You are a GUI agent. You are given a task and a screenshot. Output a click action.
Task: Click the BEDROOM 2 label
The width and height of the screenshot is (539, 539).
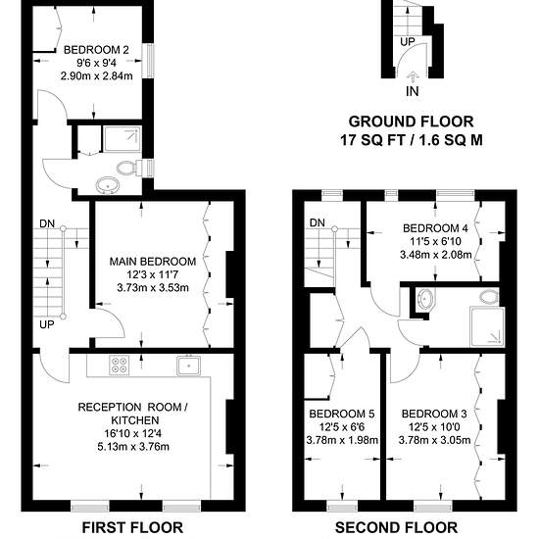[x=96, y=50]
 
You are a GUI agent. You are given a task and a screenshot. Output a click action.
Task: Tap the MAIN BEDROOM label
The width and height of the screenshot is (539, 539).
[x=153, y=262]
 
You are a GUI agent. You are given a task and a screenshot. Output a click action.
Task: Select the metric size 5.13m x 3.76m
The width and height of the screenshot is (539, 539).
[x=133, y=447]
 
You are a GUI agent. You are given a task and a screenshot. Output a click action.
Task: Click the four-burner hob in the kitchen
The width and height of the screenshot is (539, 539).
[x=120, y=365]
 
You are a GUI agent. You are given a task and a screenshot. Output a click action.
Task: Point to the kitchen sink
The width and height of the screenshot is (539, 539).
[x=189, y=366]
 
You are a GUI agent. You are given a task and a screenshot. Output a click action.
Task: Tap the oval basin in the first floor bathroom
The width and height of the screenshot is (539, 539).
[x=108, y=185]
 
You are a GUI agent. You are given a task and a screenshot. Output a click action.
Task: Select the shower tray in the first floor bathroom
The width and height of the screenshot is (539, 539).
[x=122, y=139]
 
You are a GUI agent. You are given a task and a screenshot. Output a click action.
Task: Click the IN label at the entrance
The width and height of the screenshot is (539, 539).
[x=413, y=91]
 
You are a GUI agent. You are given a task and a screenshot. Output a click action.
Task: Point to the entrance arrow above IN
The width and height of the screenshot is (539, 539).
[x=413, y=76]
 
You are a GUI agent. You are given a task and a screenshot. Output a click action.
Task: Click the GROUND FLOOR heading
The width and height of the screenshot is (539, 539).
[x=412, y=122]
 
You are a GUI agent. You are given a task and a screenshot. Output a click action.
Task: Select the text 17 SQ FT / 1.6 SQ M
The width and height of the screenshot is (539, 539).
[x=412, y=140]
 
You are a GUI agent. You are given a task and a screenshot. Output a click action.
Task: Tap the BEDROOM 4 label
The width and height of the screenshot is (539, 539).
[x=435, y=228]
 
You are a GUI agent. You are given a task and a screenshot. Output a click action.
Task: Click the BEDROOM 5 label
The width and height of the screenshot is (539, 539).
[x=342, y=414]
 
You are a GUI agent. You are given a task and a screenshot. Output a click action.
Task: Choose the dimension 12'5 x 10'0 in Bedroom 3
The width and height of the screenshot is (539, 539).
[x=434, y=427]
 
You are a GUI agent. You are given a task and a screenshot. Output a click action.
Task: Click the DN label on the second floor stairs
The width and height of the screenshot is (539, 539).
[x=317, y=222]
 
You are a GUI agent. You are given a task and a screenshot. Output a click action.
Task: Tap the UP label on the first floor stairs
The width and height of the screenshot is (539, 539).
[x=47, y=324]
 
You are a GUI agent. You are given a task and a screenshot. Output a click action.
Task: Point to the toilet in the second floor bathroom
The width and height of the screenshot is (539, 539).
[x=489, y=297]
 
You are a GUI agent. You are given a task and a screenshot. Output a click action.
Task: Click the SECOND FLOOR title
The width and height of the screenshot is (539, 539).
[x=396, y=527]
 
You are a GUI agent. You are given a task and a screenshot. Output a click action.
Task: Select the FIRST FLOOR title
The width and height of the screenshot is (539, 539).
[x=132, y=527]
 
